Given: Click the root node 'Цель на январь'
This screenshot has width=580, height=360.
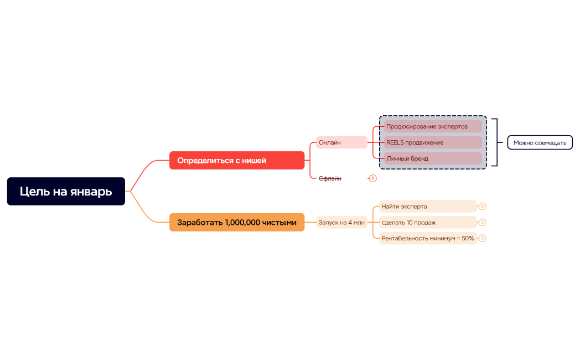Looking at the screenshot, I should coord(66,192).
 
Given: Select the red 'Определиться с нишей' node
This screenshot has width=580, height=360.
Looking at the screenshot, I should coord(236,161).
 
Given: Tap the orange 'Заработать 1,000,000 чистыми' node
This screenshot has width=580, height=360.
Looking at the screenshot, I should coord(236,223).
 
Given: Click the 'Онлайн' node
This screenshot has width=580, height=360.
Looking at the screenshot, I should coord(341,143).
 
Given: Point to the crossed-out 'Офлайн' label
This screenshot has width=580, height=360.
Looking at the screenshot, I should coord(330,178).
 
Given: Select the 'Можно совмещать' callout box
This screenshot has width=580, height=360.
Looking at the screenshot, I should coord(540,143).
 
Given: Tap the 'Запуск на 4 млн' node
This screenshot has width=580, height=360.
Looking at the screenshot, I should coord(341,223).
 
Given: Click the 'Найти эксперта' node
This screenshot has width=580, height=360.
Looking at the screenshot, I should coord(427,207).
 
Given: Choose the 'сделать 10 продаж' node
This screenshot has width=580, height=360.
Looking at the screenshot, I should coord(427,223).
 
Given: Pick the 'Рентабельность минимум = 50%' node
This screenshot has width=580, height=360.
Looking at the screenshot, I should coord(427,239).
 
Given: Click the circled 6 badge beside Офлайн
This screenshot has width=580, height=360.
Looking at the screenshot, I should coord(372,178).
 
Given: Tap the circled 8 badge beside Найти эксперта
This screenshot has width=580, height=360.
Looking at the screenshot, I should coord(483,207).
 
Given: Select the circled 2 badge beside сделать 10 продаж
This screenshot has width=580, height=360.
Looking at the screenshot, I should coord(483,223).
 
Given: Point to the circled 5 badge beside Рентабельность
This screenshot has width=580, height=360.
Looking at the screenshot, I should coord(483,239).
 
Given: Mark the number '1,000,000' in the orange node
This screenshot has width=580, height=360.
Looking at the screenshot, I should coord(245,223).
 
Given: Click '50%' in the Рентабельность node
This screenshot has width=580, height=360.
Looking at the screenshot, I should coord(468,239).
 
